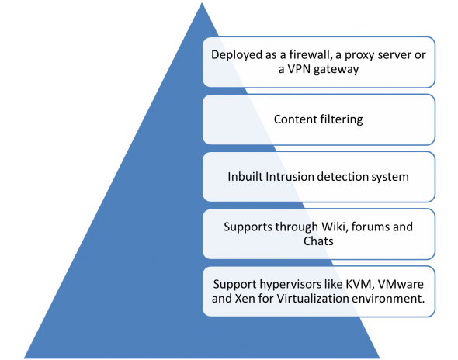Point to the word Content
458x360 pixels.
[x=294, y=119]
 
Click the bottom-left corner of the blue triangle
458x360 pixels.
[x=23, y=357]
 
